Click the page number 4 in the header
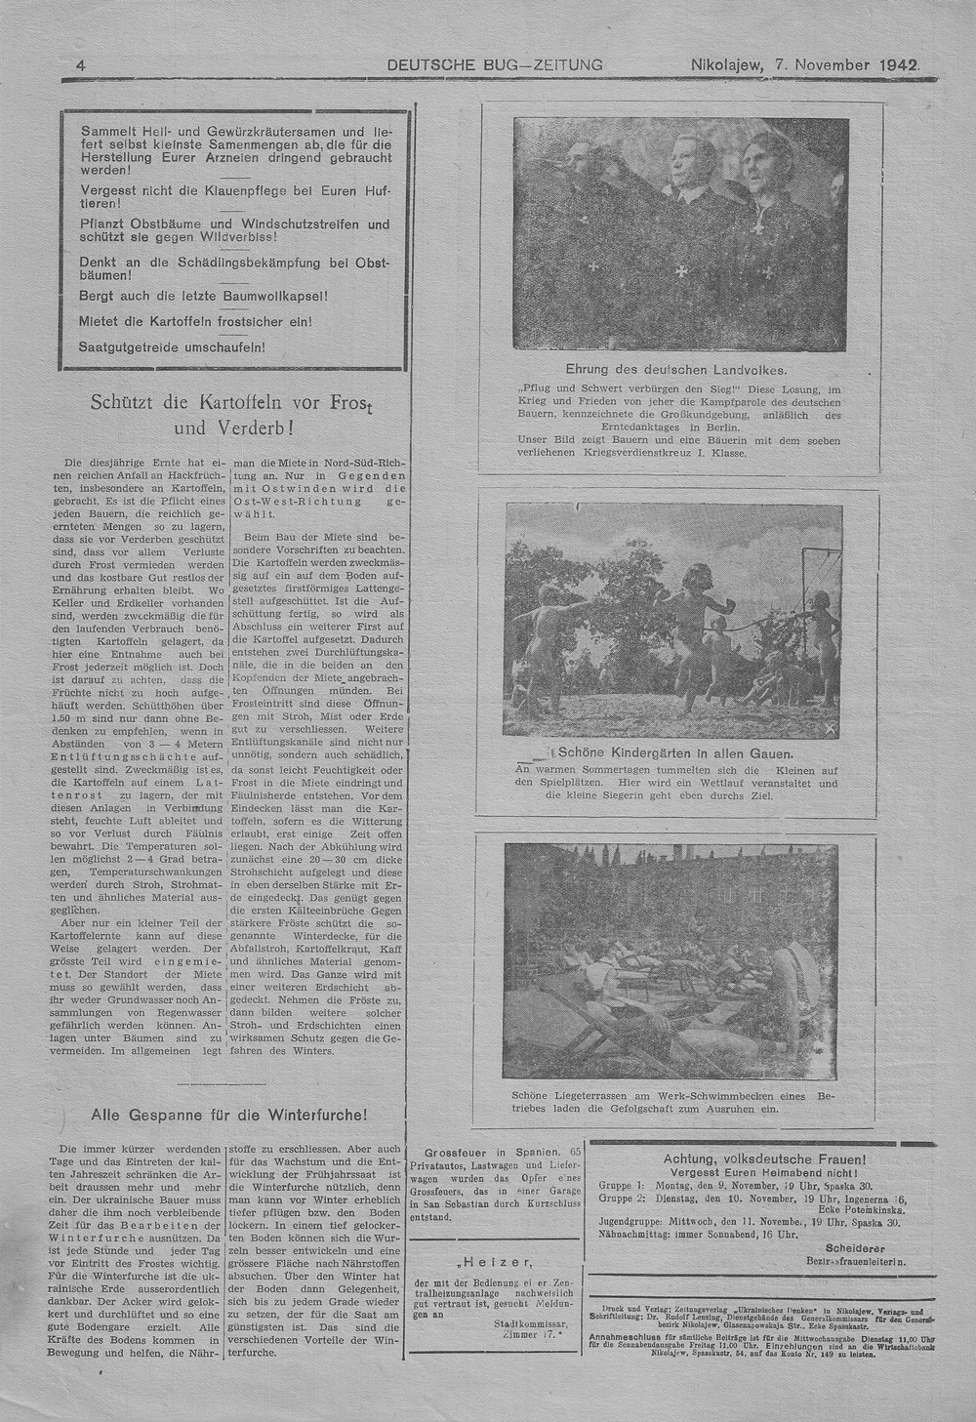tap(81, 65)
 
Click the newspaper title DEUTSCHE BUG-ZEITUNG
tap(495, 65)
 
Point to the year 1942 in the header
tap(898, 65)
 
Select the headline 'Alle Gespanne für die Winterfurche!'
tap(229, 1115)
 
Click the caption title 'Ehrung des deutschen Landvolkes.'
tap(676, 370)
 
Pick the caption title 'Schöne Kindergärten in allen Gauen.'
tap(674, 753)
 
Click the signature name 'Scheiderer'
tap(854, 1247)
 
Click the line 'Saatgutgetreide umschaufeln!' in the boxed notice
tap(172, 346)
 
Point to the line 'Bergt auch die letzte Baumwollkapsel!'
tap(203, 296)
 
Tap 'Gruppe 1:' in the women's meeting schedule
tap(622, 1185)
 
